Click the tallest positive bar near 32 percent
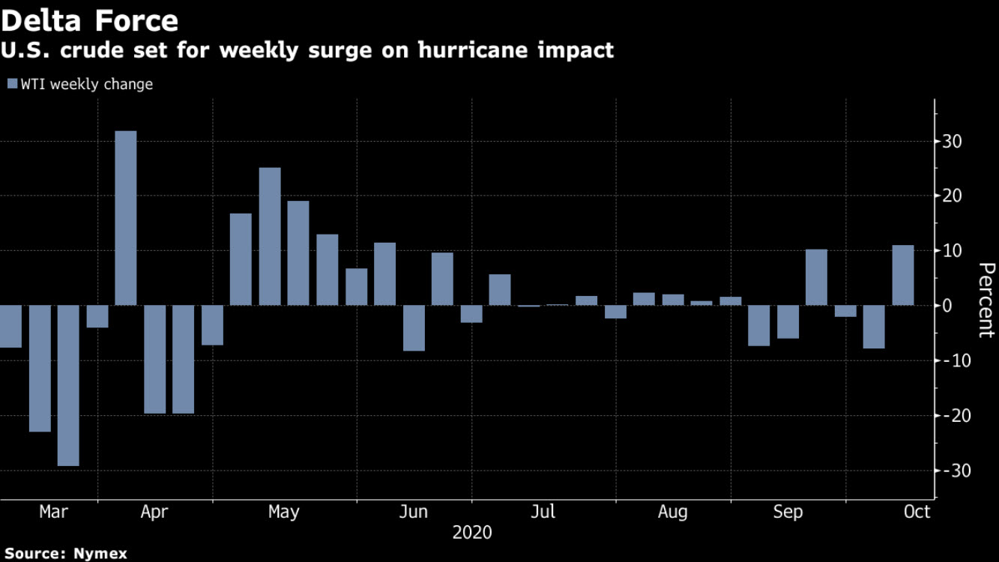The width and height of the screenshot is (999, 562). point(126,217)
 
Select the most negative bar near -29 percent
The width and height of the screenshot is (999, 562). point(68,385)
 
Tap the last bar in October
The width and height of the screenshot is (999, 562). point(903,275)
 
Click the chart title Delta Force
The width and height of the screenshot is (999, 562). point(90,20)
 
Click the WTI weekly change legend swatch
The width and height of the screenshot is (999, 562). point(11,84)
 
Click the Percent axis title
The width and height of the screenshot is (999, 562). point(986,300)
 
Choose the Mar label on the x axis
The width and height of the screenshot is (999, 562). point(53,513)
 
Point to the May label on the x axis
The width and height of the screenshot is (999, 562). point(283,513)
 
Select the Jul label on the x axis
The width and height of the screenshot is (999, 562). point(543,513)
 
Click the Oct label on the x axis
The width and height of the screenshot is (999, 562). point(917,513)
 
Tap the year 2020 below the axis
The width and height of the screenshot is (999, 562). point(472,533)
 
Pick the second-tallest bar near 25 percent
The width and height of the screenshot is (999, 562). point(270,236)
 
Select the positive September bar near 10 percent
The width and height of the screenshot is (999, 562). point(816,277)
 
